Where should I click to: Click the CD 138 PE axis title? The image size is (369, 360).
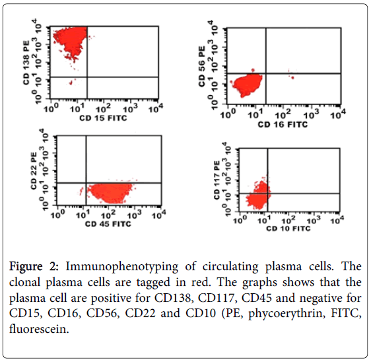26,63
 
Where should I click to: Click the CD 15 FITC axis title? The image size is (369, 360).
103,118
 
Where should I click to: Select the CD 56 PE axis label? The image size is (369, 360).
202,67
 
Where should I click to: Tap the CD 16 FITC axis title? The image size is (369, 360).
283,124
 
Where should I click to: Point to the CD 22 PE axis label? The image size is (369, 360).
34,170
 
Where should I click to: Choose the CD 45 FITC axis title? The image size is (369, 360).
108,223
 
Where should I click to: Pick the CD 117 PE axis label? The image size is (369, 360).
217,180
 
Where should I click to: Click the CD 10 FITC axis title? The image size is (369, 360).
288,228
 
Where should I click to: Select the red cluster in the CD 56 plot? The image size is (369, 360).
248,85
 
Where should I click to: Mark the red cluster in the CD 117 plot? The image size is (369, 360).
258,196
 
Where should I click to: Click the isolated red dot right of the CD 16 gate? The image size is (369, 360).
292,77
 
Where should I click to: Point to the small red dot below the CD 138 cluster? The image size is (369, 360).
71,83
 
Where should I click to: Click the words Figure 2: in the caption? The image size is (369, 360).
34,267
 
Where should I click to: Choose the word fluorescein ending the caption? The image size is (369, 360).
39,328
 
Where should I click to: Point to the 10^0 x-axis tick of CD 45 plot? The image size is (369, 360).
57,214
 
